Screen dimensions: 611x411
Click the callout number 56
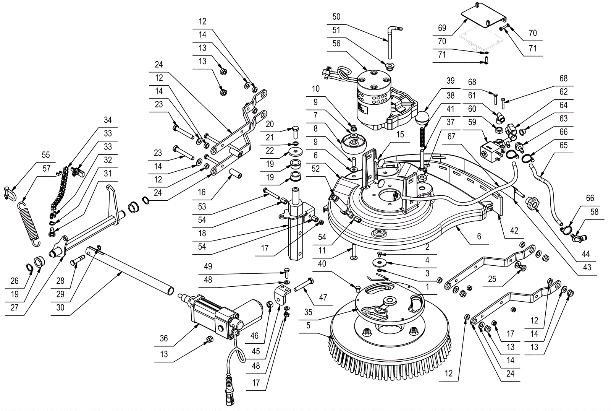pyautogui.click(x=336, y=44)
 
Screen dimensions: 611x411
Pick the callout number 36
pyautogui.click(x=164, y=338)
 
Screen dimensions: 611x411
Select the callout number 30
pyautogui.click(x=60, y=307)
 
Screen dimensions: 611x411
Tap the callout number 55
pyautogui.click(x=46, y=155)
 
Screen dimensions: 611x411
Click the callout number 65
pyautogui.click(x=563, y=145)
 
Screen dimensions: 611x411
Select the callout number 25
pyautogui.click(x=492, y=279)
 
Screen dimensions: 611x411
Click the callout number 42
pyautogui.click(x=514, y=231)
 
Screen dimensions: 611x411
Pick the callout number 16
pyautogui.click(x=202, y=192)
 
